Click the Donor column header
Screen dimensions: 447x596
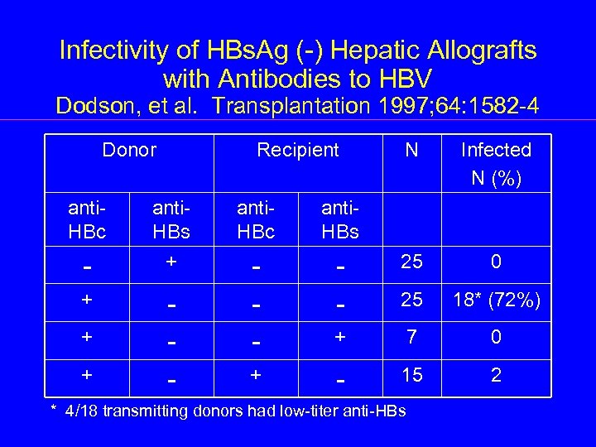[x=129, y=150]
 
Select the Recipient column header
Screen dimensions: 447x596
[x=297, y=150]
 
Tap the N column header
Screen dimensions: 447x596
[x=411, y=150]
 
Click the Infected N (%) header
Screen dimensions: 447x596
[x=496, y=162]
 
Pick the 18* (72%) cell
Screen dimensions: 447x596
[x=496, y=302]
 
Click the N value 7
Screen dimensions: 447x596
[x=411, y=338]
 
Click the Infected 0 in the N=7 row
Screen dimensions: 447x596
[x=496, y=338]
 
